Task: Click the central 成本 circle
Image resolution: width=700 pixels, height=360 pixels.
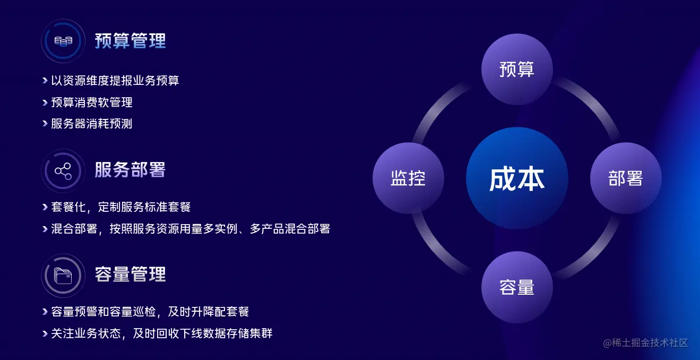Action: point(517,178)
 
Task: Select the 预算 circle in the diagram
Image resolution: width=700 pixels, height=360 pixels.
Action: point(517,69)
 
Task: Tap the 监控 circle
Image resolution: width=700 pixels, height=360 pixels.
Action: point(408,178)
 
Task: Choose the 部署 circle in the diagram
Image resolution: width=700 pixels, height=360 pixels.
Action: point(626,178)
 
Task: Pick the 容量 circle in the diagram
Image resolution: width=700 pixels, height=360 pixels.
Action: point(517,287)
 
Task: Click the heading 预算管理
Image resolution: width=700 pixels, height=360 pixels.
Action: point(131,41)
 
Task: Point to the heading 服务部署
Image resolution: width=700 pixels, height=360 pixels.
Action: point(131,170)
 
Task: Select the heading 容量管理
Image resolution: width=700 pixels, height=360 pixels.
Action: point(131,275)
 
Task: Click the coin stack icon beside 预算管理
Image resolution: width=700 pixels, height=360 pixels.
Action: point(64,41)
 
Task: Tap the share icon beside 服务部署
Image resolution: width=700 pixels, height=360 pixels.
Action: point(63,171)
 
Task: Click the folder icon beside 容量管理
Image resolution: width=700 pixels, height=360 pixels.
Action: point(63,276)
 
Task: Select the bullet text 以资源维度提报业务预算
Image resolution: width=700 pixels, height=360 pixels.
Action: point(115,80)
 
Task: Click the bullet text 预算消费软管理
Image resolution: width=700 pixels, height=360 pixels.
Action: point(92,102)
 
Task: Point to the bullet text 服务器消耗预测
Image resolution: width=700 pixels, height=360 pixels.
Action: point(92,124)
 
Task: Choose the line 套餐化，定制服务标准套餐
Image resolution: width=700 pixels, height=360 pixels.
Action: point(121,207)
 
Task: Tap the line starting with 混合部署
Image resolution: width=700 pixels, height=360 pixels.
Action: point(191,229)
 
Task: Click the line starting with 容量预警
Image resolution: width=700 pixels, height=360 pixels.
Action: point(150,312)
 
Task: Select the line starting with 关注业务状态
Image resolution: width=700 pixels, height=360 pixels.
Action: point(162,333)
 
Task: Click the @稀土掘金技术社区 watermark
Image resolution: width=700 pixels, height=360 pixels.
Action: point(645,343)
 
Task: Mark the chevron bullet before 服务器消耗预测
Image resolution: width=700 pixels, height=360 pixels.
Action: point(45,124)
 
